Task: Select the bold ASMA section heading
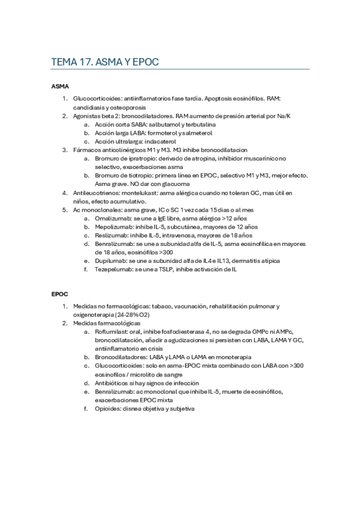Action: (59, 87)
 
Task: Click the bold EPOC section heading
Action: (59, 294)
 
